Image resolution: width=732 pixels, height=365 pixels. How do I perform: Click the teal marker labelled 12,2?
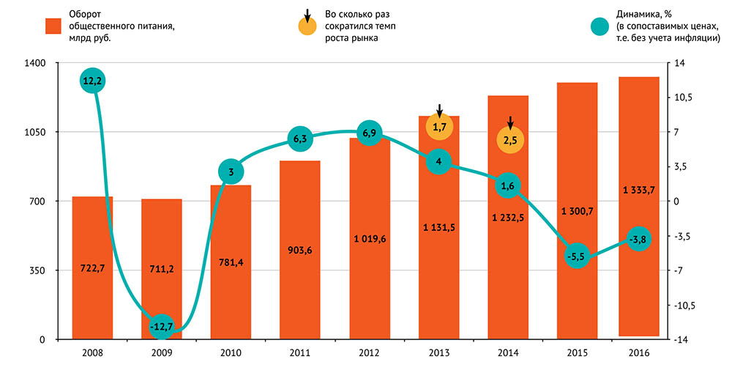tap(92, 81)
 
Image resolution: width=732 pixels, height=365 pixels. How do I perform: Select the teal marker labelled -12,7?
tap(161, 326)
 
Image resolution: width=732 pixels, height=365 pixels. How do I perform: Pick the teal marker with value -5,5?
tap(577, 257)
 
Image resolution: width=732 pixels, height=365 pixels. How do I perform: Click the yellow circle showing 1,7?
tap(439, 128)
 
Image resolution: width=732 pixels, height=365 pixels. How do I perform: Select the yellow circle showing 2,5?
tap(511, 139)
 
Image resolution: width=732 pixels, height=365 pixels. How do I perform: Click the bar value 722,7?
tap(92, 269)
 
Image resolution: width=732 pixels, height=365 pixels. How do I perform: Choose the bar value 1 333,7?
tap(638, 190)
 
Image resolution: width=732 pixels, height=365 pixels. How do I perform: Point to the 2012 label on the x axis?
tap(369, 353)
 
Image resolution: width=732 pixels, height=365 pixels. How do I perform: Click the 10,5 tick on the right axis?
tap(683, 97)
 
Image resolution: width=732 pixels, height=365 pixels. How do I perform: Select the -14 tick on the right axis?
tap(680, 340)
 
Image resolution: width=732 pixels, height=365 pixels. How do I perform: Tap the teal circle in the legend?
tap(601, 26)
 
